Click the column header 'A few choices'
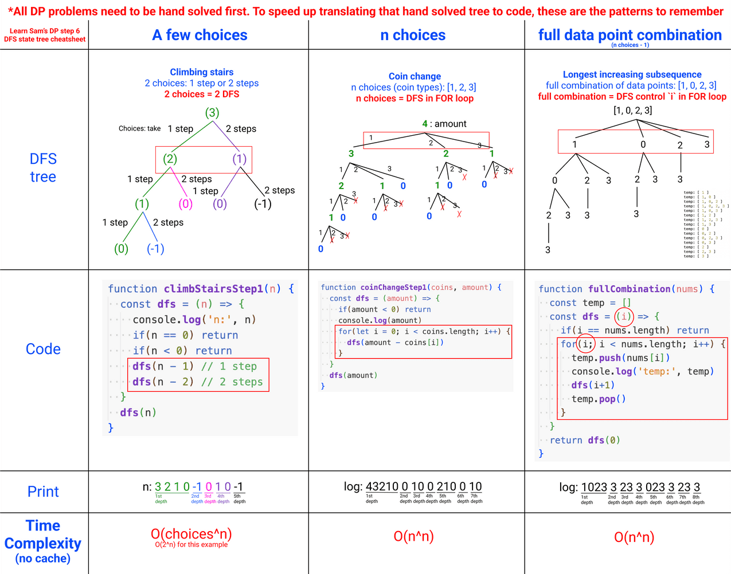pos(200,36)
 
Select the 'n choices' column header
pos(413,36)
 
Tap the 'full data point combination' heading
pos(630,35)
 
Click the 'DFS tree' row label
pos(43,168)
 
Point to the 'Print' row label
pos(43,492)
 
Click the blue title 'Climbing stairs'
pos(201,72)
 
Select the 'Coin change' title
pos(415,76)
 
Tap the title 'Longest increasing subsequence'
pos(632,74)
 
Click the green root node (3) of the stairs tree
pos(212,113)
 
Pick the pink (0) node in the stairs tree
pos(185,204)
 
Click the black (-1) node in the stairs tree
pos(263,204)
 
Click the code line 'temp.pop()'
pos(598,399)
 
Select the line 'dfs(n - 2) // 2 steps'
pos(197,382)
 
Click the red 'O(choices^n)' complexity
pos(191,534)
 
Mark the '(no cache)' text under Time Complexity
pos(43,559)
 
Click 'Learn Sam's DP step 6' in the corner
pos(45,31)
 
